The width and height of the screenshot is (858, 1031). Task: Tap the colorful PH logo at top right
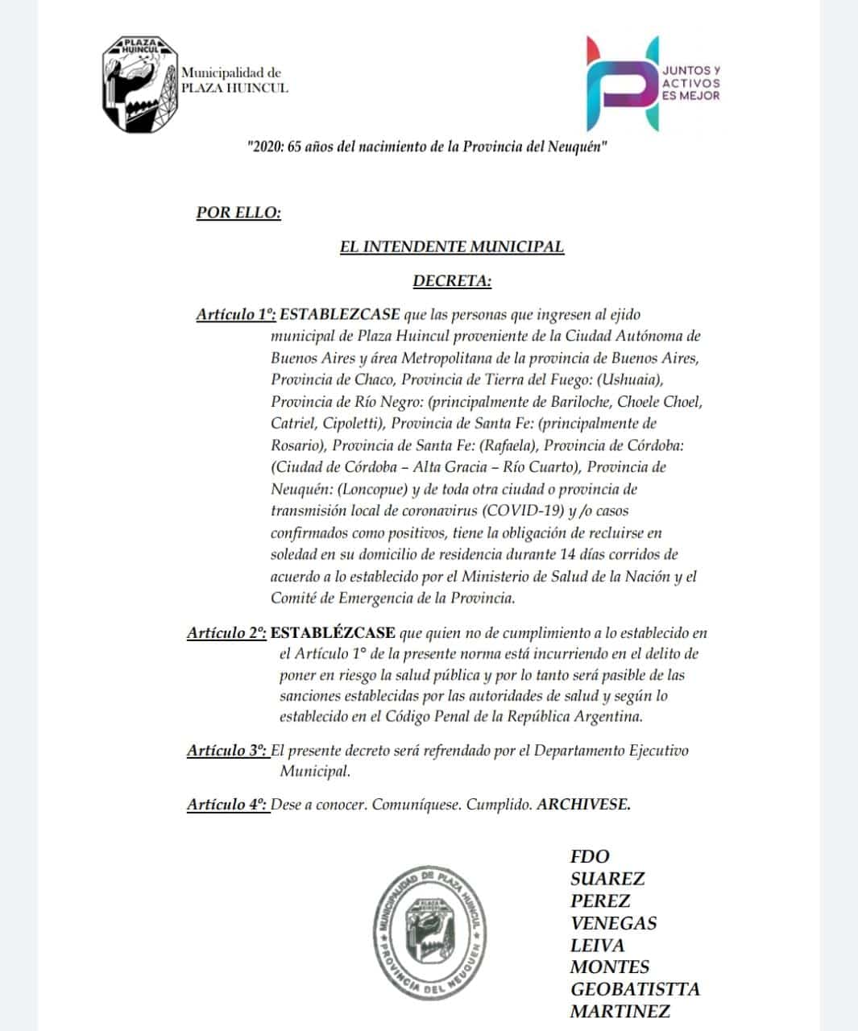point(621,83)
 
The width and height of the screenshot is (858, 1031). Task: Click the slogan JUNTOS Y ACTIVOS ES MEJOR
point(690,83)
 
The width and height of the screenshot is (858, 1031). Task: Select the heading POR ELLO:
point(238,213)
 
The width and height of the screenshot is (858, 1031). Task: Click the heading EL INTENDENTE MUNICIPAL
point(451,246)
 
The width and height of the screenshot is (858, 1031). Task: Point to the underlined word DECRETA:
point(451,281)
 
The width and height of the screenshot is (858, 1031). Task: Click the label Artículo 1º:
point(235,314)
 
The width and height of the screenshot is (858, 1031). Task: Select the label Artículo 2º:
point(226,633)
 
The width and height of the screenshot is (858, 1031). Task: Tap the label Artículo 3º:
point(226,751)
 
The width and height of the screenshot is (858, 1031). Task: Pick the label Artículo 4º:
point(226,804)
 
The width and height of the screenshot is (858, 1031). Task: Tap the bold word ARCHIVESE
point(583,804)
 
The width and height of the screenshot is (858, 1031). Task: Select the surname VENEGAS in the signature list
point(613,923)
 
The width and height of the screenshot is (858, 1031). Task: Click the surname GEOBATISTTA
point(635,989)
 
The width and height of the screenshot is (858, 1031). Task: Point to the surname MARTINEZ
point(620,1011)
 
